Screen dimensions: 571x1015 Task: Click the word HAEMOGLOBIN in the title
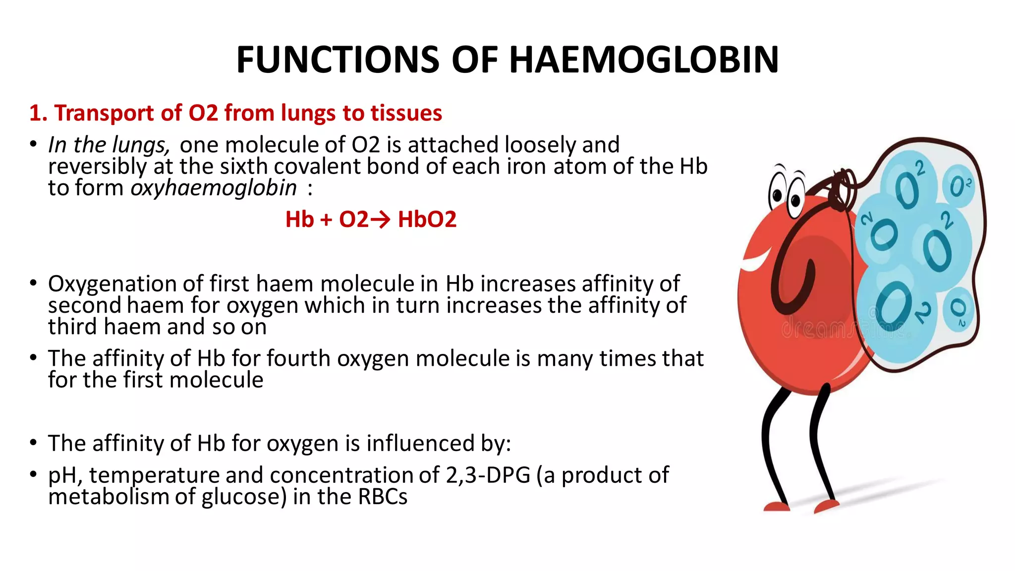coord(644,59)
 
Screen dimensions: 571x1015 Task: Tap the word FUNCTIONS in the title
coord(338,59)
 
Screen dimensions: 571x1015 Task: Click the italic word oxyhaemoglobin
coord(214,188)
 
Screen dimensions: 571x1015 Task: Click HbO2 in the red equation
coord(427,220)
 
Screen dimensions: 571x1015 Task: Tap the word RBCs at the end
coord(382,497)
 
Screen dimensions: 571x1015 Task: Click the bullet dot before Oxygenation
coord(33,284)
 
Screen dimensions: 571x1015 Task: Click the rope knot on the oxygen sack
coord(843,189)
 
